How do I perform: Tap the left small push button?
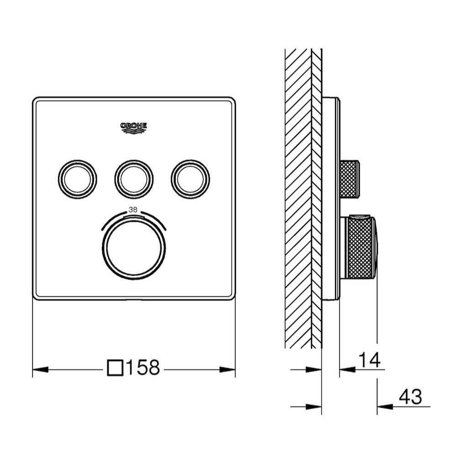pos(78,179)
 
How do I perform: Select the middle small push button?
pos(134,179)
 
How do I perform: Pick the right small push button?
pos(190,179)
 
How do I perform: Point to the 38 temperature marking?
pos(133,210)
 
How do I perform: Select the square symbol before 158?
pos(116,368)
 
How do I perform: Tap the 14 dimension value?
pos(369,360)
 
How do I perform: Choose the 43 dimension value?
pos(410,396)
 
